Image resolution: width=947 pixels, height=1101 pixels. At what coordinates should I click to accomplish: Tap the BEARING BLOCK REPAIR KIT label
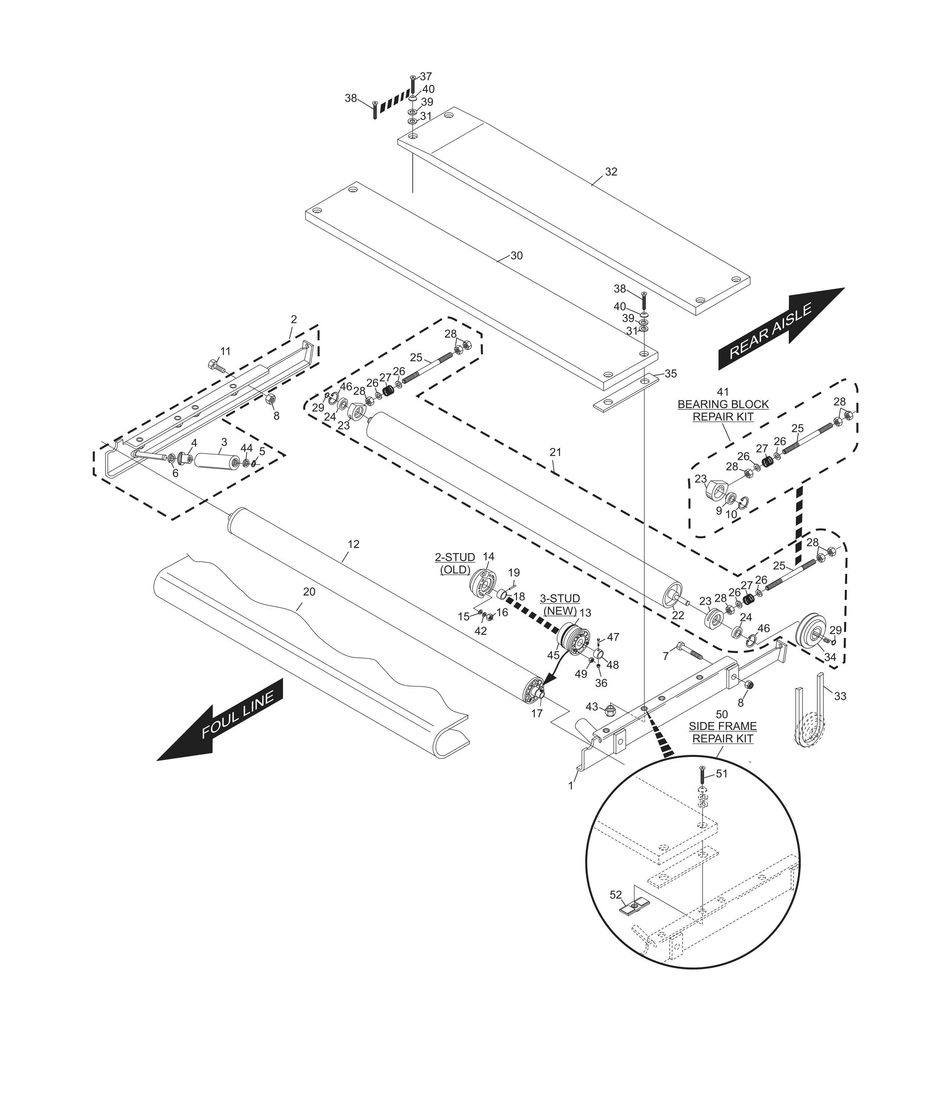[723, 410]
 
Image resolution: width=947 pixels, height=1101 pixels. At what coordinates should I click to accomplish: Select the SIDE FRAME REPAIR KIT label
[722, 732]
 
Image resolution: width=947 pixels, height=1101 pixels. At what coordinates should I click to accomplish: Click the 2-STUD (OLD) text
[455, 563]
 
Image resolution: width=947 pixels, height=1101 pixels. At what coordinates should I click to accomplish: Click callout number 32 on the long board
[611, 171]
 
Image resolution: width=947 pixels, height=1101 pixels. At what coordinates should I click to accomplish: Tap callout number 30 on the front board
[516, 256]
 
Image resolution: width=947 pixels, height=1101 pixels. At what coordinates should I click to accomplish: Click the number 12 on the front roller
[354, 544]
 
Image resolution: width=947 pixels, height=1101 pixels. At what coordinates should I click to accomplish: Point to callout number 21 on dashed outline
[555, 452]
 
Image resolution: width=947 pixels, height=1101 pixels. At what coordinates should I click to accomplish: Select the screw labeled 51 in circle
[702, 777]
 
